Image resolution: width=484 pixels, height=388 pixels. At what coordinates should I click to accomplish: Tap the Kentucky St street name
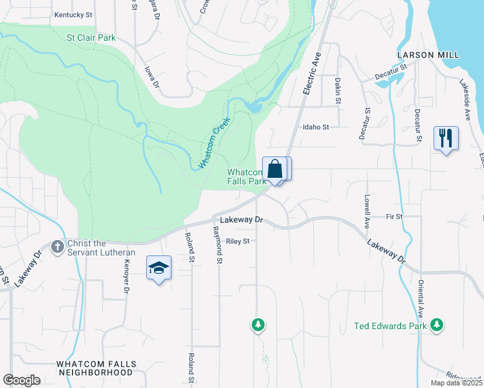[x=74, y=14]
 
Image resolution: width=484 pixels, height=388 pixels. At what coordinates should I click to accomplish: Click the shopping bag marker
[x=275, y=169]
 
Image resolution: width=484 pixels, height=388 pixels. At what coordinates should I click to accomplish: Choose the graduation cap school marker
[x=159, y=268]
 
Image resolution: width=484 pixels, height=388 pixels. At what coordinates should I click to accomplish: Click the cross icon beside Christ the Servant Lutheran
[x=58, y=246]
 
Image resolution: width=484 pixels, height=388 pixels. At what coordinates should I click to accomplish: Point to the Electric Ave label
[x=313, y=74]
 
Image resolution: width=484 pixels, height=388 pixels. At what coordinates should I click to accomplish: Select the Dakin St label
[x=338, y=91]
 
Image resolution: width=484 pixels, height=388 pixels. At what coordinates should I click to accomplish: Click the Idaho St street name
[x=316, y=127]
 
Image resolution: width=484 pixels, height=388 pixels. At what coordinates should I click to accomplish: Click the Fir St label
[x=394, y=216]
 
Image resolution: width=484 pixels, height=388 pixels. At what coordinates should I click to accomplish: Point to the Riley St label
[x=237, y=241]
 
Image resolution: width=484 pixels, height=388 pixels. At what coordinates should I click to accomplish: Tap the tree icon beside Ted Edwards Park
[x=437, y=325]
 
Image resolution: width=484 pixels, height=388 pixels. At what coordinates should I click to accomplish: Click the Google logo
[x=21, y=380]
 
